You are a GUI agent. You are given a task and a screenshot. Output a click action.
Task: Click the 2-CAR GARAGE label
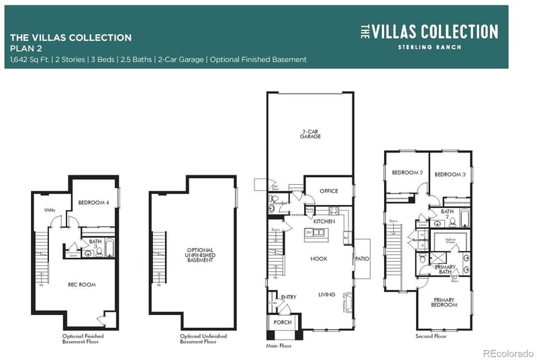pyautogui.click(x=310, y=133)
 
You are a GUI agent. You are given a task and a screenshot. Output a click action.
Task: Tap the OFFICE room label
pyautogui.click(x=328, y=191)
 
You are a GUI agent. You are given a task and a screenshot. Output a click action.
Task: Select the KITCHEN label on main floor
pyautogui.click(x=324, y=221)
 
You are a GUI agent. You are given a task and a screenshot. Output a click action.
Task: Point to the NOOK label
pyautogui.click(x=318, y=259)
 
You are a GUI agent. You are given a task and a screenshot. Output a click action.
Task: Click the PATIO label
pyautogui.click(x=362, y=258)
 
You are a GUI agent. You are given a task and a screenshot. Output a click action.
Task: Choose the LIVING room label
pyautogui.click(x=327, y=294)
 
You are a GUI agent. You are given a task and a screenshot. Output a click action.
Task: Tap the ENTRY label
pyautogui.click(x=289, y=297)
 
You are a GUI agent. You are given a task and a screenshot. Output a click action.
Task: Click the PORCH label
pyautogui.click(x=281, y=322)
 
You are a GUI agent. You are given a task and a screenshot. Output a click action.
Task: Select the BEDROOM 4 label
pyautogui.click(x=93, y=202)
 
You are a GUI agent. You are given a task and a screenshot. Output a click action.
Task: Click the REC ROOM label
pyautogui.click(x=82, y=284)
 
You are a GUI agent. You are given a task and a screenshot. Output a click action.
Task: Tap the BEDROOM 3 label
pyautogui.click(x=450, y=174)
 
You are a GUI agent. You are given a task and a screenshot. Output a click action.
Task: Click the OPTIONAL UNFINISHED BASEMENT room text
pyautogui.click(x=199, y=255)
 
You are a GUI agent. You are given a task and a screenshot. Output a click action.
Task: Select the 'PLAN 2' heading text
pyautogui.click(x=26, y=49)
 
